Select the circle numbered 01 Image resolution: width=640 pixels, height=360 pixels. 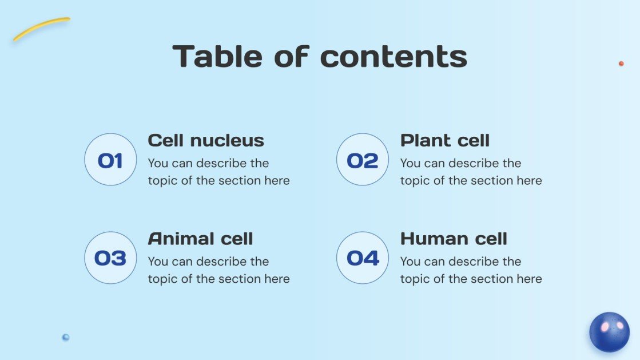pos(110,160)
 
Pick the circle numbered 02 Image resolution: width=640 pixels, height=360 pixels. pos(363,160)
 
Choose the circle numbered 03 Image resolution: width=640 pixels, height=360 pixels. pos(110,258)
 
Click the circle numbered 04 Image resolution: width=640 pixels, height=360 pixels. pos(363,258)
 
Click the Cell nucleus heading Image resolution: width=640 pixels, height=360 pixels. pos(206,140)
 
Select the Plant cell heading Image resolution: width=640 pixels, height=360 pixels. pos(445,140)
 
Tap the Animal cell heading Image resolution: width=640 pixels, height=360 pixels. pos(200,239)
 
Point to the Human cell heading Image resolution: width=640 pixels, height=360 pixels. pos(454,239)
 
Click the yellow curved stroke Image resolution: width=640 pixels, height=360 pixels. pos(41,28)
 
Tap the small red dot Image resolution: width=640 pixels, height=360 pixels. pos(621,64)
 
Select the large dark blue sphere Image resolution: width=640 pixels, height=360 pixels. pos(610,332)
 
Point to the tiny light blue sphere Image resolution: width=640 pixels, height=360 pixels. pos(66,337)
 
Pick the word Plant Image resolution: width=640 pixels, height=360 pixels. pos(423,140)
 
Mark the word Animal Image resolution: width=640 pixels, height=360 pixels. pos(177,239)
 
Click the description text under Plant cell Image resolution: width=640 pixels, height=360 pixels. pos(471,172)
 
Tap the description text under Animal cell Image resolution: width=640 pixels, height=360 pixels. pos(218,270)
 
